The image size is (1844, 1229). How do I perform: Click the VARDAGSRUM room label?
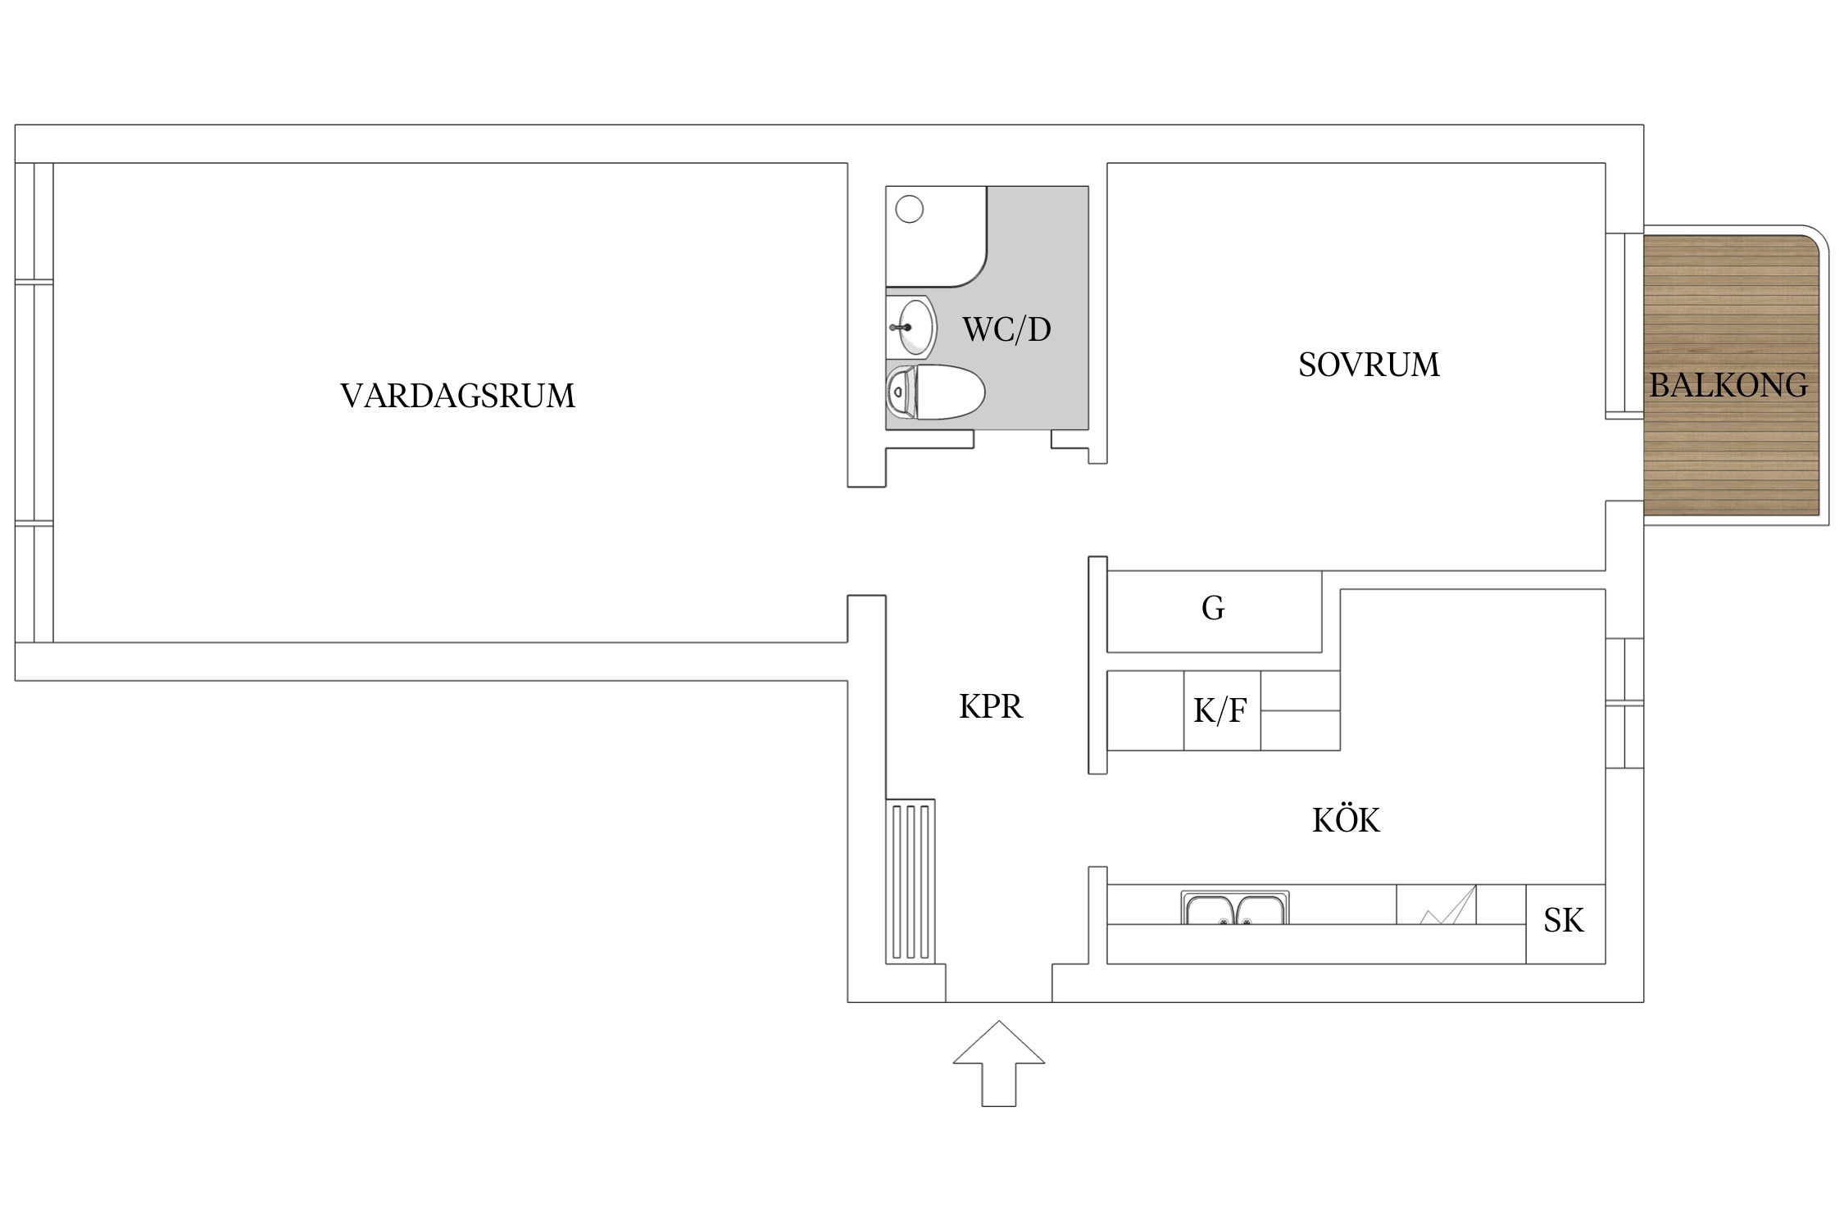pos(457,396)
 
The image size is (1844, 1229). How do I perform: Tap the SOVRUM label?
pos(1369,365)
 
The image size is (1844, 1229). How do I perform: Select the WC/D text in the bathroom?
pos(1006,329)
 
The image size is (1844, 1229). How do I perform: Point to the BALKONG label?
pos(1728,385)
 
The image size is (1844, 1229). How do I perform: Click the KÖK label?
pos(1346,820)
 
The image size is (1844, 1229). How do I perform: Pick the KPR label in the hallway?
pos(991,706)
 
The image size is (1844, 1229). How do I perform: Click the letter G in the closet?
pos(1213,608)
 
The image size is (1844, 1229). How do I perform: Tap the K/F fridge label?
pos(1220,710)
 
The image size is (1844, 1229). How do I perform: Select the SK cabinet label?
pos(1564,921)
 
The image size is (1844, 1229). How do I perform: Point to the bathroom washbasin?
pos(913,327)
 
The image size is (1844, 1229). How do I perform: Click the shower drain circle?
pos(910,210)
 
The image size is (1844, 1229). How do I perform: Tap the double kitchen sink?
pos(1234,909)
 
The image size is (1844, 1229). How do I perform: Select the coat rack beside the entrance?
pos(911,881)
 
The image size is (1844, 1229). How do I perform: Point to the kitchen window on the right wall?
pos(1624,703)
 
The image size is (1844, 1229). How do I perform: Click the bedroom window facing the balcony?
pos(1624,326)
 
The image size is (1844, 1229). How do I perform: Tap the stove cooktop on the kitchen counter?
pos(1436,905)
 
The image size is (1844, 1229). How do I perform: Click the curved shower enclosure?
pos(936,237)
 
